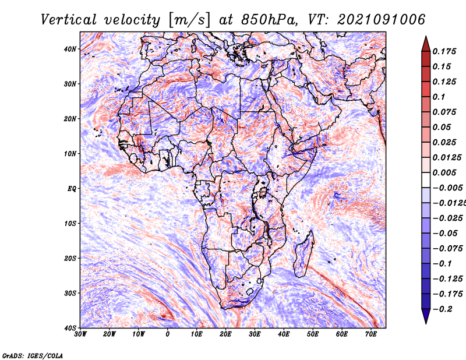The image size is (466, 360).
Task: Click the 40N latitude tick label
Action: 70,49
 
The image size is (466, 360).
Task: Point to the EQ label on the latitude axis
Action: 72,189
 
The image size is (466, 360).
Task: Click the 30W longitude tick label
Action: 80,334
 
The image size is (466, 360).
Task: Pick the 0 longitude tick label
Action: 168,334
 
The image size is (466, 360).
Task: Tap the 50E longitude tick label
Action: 313,334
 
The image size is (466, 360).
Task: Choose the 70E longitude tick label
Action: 371,334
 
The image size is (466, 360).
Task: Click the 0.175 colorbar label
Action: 444,51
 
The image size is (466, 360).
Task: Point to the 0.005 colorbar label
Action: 444,172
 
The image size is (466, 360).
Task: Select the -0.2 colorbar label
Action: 442,309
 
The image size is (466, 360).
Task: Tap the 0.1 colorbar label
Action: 439,97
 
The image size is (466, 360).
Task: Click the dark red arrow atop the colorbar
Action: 426,44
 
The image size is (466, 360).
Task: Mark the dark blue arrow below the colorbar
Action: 426,316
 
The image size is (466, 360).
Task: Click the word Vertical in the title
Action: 69,20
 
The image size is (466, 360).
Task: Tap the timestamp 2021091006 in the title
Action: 382,20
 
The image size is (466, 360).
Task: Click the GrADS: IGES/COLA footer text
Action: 33,356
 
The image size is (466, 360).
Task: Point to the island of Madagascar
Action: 303,254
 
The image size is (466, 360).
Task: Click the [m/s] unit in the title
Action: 189,20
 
